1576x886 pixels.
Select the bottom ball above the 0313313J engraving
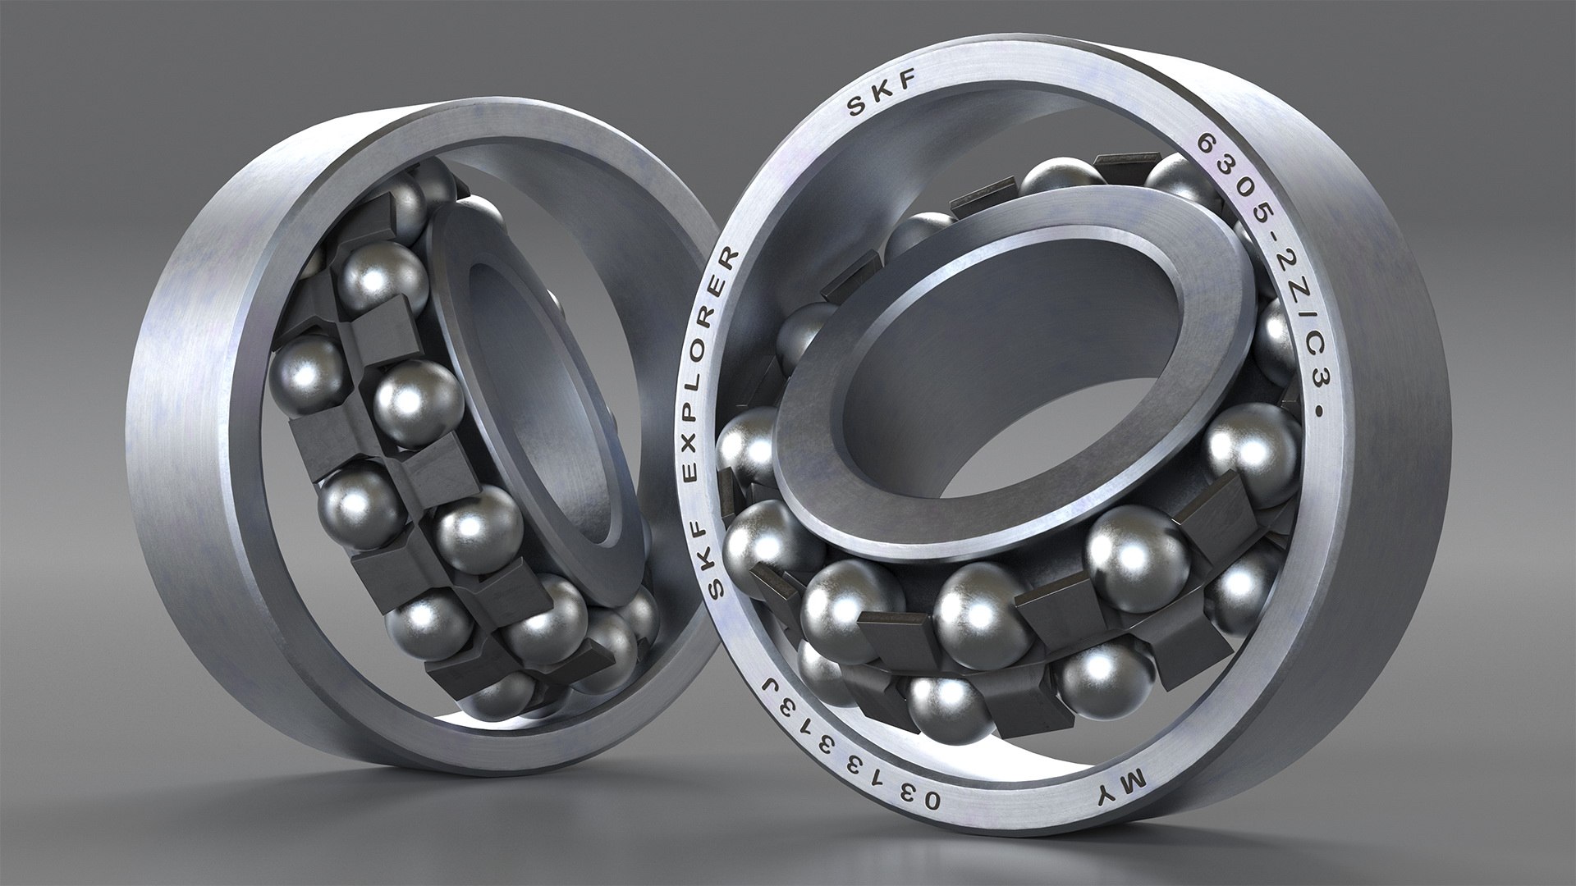(944, 706)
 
